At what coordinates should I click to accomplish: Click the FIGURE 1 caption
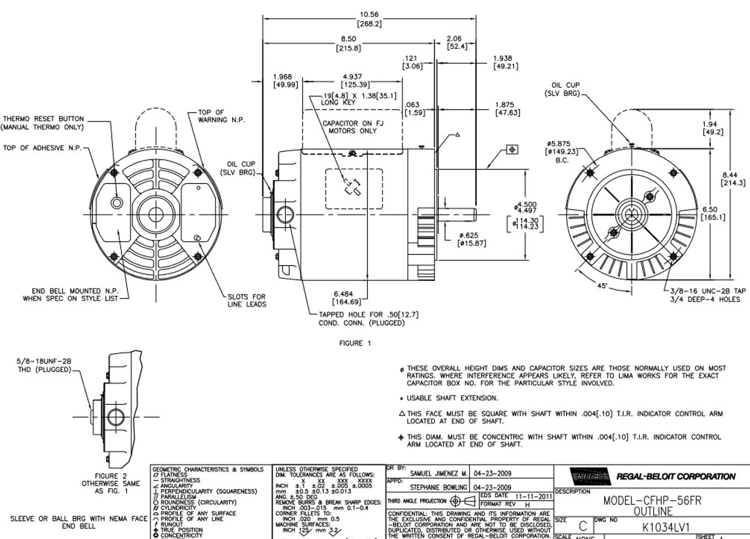pyautogui.click(x=355, y=343)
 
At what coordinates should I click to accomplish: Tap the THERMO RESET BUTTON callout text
pyautogui.click(x=42, y=118)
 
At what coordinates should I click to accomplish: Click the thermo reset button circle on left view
pyautogui.click(x=117, y=203)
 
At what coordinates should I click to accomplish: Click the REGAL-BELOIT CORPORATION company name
pyautogui.click(x=675, y=476)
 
